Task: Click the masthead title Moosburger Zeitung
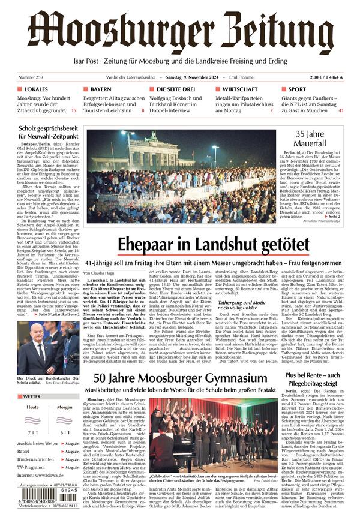pos(180,31)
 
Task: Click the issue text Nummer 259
pos(31,77)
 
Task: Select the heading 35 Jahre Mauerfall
pos(310,139)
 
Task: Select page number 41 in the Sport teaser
pos(341,110)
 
